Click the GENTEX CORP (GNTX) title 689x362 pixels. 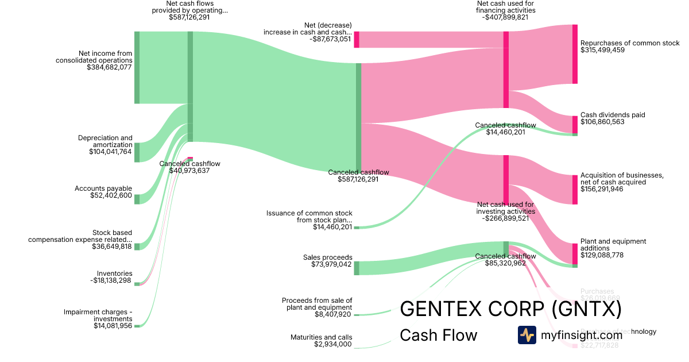510,309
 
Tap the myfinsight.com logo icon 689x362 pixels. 527,335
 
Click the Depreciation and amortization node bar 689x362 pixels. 137,152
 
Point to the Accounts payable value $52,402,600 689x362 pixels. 111,195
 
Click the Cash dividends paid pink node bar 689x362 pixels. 575,124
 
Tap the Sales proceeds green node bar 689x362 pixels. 356,268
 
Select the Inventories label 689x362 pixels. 115,274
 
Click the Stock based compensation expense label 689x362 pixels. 80,236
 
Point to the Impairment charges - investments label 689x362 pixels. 98,315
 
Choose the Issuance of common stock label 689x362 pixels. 309,217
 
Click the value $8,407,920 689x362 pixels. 333,314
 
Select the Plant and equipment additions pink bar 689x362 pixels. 575,253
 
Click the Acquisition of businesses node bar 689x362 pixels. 575,190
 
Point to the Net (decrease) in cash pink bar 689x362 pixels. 356,39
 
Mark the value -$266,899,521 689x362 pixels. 506,218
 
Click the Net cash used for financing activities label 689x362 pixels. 506,7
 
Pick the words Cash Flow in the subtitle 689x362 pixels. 438,335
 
